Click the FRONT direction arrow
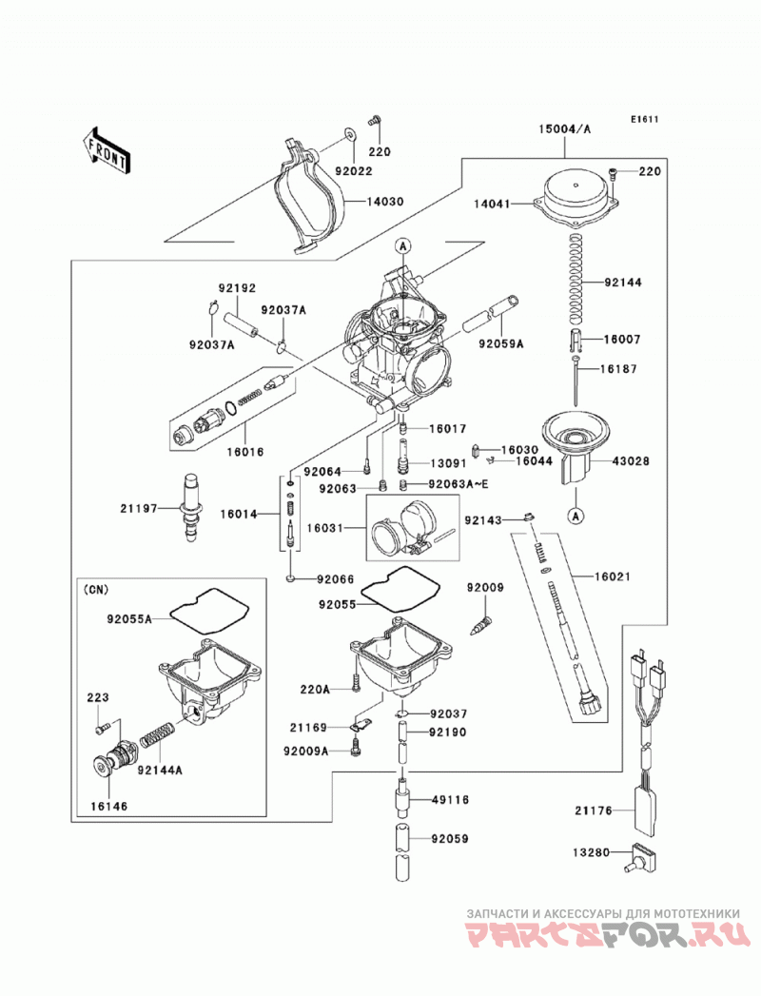pos(107,150)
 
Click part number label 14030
pos(385,202)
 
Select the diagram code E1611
pos(645,119)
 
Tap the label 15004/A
pos(565,129)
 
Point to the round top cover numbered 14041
pos(576,200)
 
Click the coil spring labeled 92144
pos(575,275)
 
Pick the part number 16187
pos(620,369)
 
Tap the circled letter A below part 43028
pos(576,517)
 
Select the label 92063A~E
pos(459,484)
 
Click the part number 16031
pos(325,528)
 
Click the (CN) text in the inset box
pos(96,590)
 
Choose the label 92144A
pos(160,771)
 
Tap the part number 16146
pos(108,806)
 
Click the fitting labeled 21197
pos(191,507)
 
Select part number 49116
pos(450,800)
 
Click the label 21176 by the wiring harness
pos(594,810)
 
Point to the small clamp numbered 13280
pos(642,857)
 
